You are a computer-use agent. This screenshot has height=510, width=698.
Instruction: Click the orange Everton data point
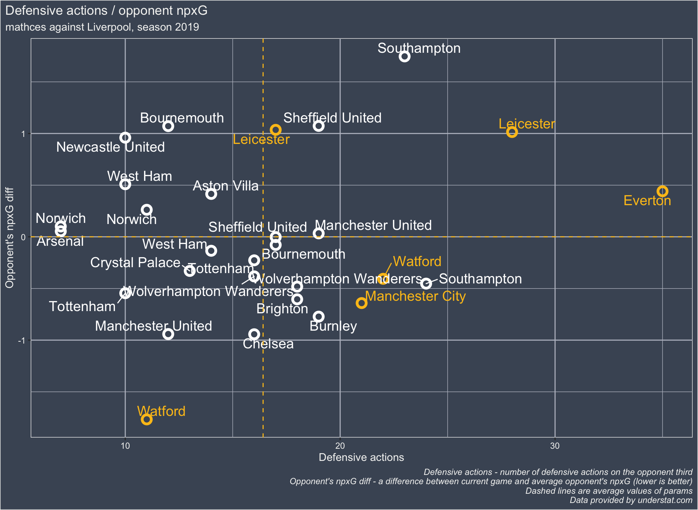click(x=662, y=191)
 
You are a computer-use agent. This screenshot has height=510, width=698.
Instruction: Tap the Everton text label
click(x=647, y=201)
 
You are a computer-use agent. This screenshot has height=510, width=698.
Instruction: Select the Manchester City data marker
click(x=361, y=303)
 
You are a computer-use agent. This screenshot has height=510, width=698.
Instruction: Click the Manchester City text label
click(x=415, y=296)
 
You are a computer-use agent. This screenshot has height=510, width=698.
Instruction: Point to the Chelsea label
click(x=268, y=344)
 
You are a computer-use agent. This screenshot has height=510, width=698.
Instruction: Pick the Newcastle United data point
click(x=125, y=138)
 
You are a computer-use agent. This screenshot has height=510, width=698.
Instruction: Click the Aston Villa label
click(x=226, y=186)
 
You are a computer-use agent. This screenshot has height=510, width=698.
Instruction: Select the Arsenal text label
click(x=60, y=241)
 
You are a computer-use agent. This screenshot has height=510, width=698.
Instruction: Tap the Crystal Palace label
click(x=135, y=263)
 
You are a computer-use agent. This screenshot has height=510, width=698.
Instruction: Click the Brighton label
click(x=282, y=309)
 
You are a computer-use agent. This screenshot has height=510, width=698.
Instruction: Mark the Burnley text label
click(x=333, y=326)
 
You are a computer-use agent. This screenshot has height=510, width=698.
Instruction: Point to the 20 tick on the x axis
click(x=340, y=446)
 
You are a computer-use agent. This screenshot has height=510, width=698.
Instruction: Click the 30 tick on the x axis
click(x=555, y=446)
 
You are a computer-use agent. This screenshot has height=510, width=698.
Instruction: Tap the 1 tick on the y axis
click(x=24, y=134)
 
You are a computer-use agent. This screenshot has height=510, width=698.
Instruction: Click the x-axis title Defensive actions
click(x=361, y=458)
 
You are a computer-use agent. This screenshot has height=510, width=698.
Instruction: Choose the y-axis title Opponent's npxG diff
click(x=10, y=238)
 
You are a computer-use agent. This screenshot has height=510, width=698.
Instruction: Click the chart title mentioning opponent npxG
click(x=106, y=11)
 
